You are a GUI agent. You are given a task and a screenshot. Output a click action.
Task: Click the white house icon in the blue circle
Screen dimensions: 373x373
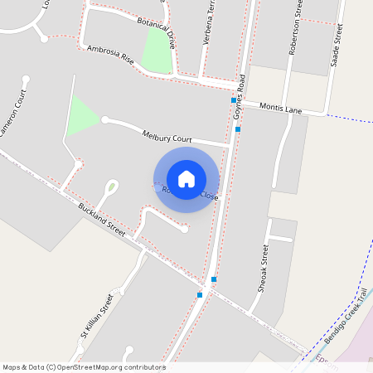[x=186, y=179]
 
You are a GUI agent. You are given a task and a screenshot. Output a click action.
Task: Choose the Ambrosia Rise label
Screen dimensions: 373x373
[x=110, y=55]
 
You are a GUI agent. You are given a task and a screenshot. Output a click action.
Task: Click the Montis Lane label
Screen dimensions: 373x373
[x=281, y=108]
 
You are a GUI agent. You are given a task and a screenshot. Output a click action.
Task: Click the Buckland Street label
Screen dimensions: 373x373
[x=102, y=220]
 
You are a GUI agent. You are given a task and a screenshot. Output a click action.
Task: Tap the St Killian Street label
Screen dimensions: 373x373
[x=96, y=317]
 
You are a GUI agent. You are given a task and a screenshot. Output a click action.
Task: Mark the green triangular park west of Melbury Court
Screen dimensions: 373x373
[x=80, y=117]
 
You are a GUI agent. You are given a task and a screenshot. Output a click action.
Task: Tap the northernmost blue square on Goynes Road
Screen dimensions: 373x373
[x=233, y=100]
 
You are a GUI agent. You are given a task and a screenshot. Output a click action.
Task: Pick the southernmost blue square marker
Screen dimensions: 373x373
[x=200, y=294]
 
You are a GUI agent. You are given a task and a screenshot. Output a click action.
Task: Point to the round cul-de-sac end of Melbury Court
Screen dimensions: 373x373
[x=105, y=119]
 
